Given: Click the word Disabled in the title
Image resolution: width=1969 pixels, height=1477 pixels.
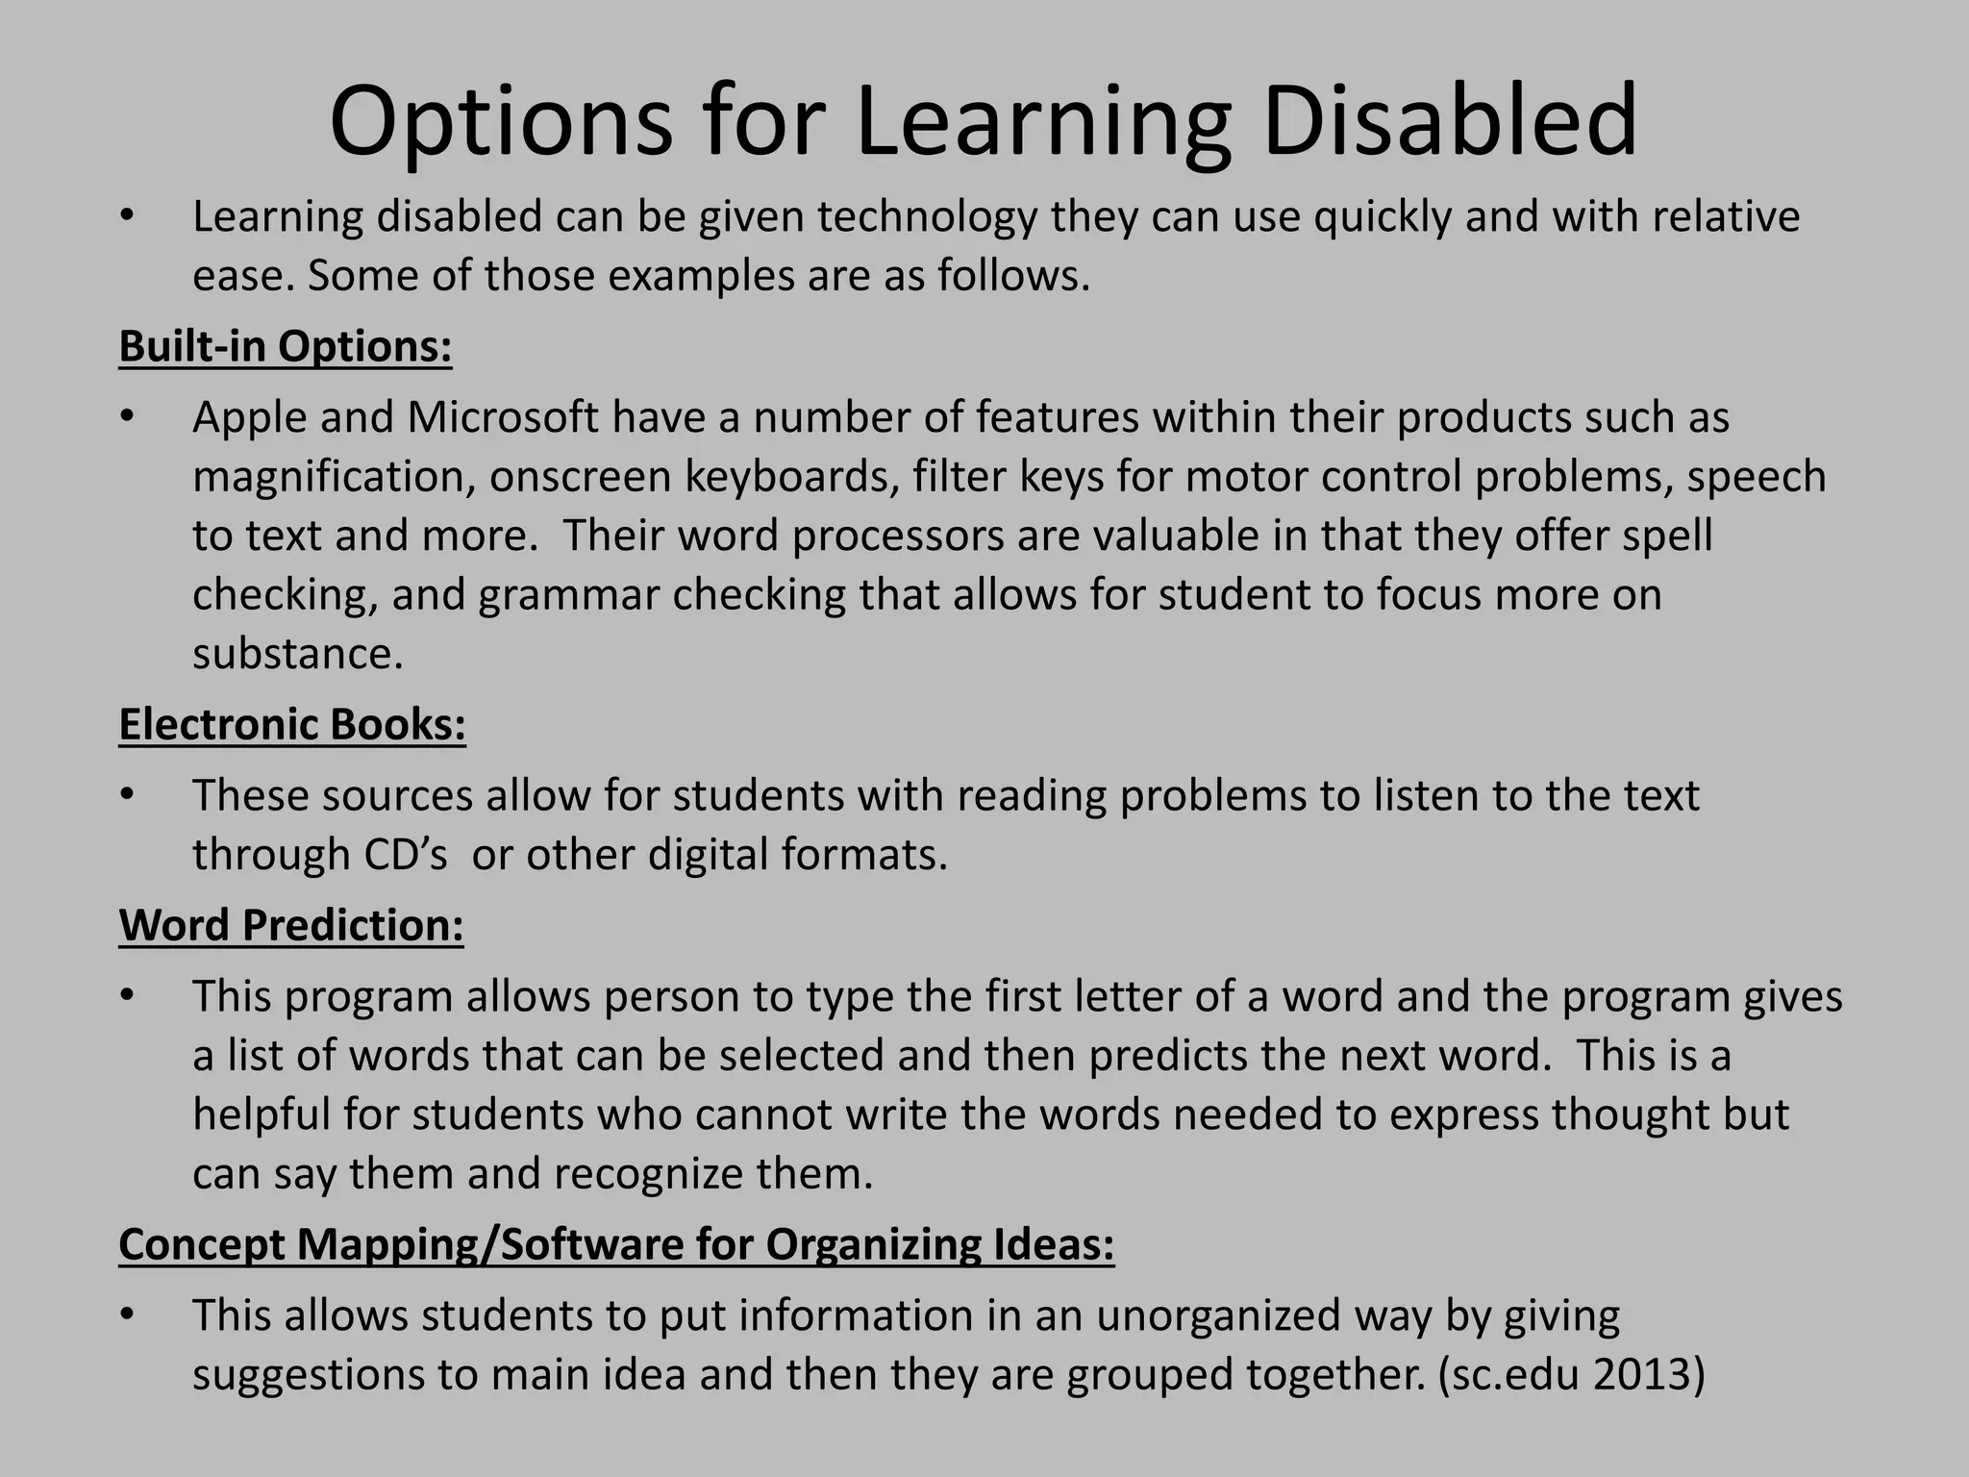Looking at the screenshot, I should pos(1450,121).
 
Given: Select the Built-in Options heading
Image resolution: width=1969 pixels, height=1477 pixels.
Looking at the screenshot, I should pos(286,346).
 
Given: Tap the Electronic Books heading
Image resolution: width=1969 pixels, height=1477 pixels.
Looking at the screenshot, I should pos(292,724).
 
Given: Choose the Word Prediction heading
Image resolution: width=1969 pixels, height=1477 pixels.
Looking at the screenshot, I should pos(291,925).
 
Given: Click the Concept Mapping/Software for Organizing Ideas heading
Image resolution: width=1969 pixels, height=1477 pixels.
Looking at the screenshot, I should pos(616,1244).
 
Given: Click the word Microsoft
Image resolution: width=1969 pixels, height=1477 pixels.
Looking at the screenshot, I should pos(503,417).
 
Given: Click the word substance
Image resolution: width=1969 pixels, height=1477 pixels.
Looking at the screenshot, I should pos(297,655).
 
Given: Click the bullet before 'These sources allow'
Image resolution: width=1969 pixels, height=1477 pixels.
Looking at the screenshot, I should pos(126,796).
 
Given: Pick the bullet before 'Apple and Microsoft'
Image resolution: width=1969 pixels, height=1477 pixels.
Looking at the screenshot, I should pos(126,418).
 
